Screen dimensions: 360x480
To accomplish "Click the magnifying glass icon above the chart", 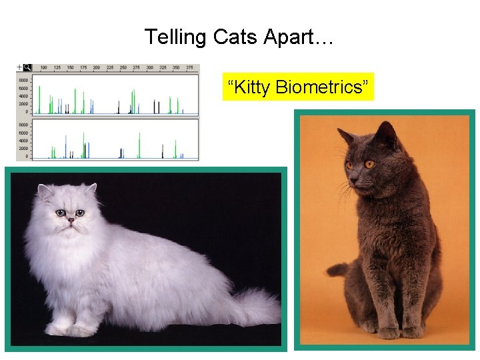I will (27, 67).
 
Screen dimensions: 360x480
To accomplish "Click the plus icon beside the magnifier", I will (19, 67).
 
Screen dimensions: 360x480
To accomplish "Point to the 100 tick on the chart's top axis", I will (43, 68).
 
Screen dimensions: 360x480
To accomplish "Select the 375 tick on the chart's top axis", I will (192, 68).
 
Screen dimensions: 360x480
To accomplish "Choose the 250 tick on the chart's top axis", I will (124, 68).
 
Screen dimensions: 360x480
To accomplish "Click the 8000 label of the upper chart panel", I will (23, 80).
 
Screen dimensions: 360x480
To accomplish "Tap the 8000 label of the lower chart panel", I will (23, 125).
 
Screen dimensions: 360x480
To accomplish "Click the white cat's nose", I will (70, 220).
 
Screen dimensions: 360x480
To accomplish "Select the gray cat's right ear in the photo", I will (385, 134).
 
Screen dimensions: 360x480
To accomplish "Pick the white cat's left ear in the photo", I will (45, 193).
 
